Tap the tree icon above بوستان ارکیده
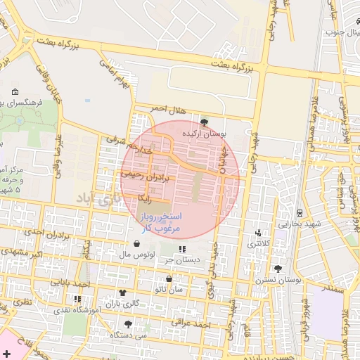click(x=204, y=122)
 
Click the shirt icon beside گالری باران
click(x=124, y=292)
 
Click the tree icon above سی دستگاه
click(x=127, y=324)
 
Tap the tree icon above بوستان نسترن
click(x=278, y=269)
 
